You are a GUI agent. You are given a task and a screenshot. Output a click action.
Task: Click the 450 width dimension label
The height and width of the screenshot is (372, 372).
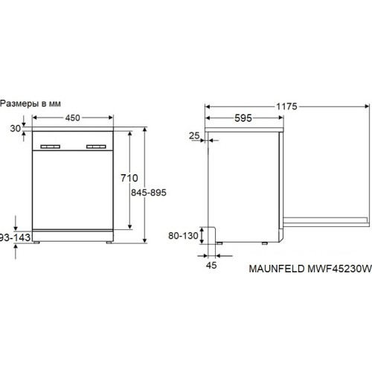coord(71,117)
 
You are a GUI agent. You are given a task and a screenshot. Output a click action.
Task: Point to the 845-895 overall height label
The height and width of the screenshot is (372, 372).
coord(147,193)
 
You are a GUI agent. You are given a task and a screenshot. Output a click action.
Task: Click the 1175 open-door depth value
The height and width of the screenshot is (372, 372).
coord(287,106)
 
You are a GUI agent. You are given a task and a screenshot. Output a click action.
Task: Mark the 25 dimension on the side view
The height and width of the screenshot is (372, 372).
coord(194,135)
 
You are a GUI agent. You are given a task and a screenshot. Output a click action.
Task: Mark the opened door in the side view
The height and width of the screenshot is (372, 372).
coord(327,220)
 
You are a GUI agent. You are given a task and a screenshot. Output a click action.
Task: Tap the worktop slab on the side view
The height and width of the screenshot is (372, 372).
coord(246,129)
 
